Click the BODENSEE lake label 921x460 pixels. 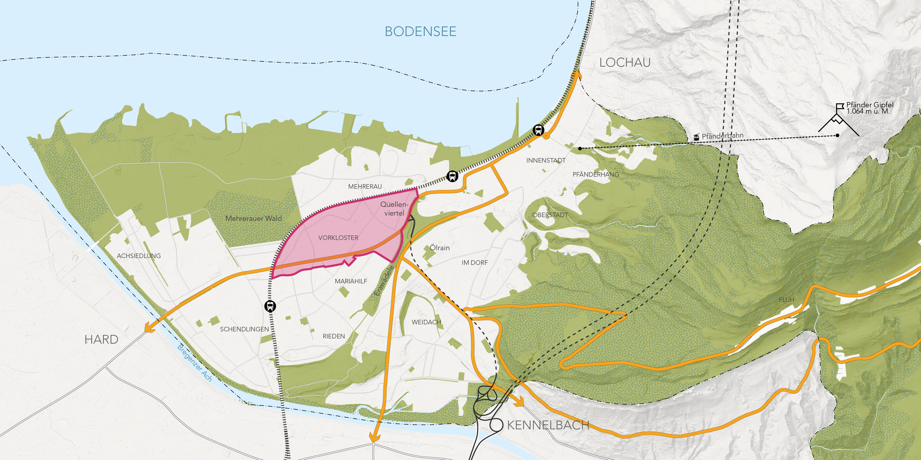420,32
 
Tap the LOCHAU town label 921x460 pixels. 625,63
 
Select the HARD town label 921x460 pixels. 101,339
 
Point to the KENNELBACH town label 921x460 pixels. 548,425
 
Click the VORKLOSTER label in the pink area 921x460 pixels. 338,238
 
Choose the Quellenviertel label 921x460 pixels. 394,209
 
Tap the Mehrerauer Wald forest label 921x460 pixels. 253,219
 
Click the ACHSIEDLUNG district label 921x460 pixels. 139,256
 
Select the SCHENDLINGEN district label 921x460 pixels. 244,329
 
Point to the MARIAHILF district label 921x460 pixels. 351,281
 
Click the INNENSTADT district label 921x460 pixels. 546,160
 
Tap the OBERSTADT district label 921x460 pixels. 550,215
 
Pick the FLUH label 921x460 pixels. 786,300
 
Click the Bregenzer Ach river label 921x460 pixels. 195,362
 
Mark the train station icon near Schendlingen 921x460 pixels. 270,306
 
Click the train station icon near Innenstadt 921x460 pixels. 538,130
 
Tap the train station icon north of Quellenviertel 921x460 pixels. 452,176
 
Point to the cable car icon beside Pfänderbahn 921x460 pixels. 696,137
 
